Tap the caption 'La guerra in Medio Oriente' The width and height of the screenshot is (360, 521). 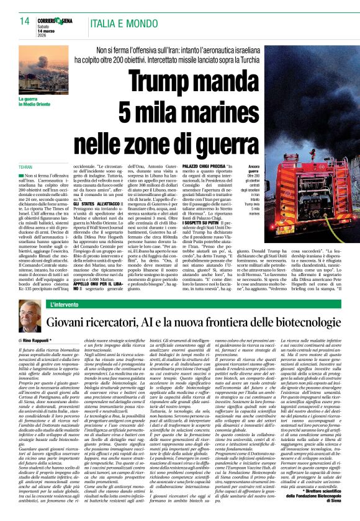32,102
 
